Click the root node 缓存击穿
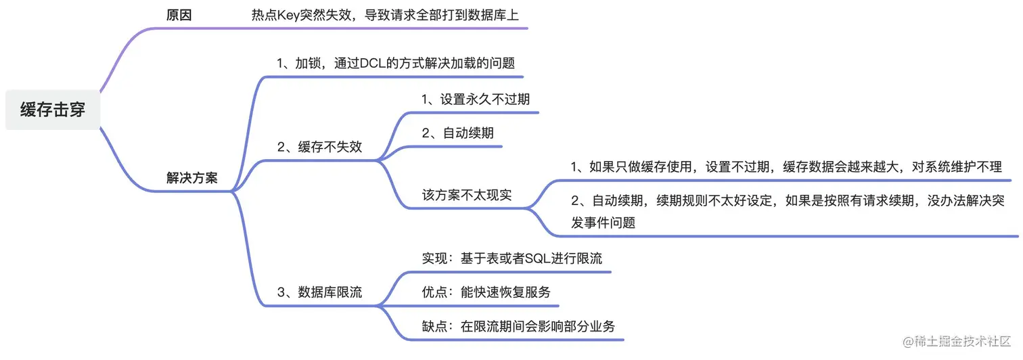pyautogui.click(x=53, y=110)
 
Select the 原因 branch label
pyautogui.click(x=179, y=15)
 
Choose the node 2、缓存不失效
pyautogui.click(x=319, y=147)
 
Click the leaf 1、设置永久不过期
pyautogui.click(x=476, y=99)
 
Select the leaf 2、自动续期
pyautogui.click(x=457, y=133)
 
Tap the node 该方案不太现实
pyautogui.click(x=467, y=195)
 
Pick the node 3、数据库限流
pyautogui.click(x=319, y=292)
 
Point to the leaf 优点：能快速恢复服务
pyautogui.click(x=486, y=292)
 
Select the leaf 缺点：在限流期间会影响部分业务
pyautogui.click(x=518, y=326)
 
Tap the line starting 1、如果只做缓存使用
pyautogui.click(x=786, y=166)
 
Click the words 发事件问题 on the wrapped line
pyautogui.click(x=604, y=222)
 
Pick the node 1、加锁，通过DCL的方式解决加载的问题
pyautogui.click(x=396, y=64)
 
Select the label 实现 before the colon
pyautogui.click(x=432, y=258)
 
